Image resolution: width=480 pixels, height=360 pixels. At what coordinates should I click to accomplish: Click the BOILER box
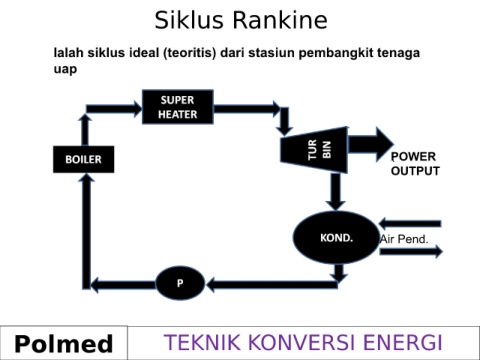point(83,159)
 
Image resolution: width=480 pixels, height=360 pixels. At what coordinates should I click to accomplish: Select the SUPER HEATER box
point(178,107)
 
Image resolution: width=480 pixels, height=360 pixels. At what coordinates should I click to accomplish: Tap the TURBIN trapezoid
point(314,150)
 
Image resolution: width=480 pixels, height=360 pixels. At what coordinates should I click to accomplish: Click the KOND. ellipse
point(336,237)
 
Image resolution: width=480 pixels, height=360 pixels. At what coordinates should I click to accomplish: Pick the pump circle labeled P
point(180,283)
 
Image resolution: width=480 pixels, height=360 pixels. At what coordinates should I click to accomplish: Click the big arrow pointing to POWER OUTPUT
point(371,144)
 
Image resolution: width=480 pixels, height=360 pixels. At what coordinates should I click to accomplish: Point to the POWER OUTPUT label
point(415,164)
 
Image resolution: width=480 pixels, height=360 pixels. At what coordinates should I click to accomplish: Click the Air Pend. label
point(404,239)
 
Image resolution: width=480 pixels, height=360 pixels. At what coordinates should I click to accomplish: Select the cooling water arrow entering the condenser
point(410,224)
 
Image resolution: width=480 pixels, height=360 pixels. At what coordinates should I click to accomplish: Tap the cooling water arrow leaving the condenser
point(411,251)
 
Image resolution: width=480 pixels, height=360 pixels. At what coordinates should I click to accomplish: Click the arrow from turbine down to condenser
point(335,192)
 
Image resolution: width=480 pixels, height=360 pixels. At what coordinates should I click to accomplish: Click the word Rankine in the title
point(280,20)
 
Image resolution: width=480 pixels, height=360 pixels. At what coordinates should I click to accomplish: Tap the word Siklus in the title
point(189,20)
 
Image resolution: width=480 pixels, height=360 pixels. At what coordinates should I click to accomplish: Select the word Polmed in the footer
point(64,344)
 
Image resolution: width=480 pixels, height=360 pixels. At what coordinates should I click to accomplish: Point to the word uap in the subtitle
point(65,69)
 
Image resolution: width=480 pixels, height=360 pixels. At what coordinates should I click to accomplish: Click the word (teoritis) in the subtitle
point(190,53)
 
